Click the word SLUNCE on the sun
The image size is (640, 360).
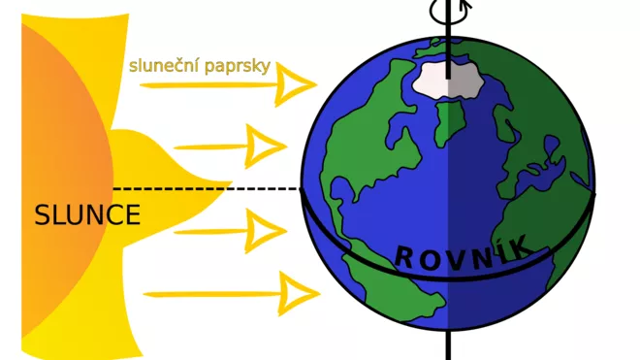[x=87, y=215]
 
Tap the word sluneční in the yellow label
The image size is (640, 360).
[x=161, y=66]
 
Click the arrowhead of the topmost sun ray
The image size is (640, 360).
[x=294, y=85]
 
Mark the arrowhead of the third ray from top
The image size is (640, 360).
[x=263, y=232]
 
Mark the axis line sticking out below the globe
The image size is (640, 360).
[x=449, y=344]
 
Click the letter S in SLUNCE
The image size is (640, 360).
[x=42, y=215]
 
